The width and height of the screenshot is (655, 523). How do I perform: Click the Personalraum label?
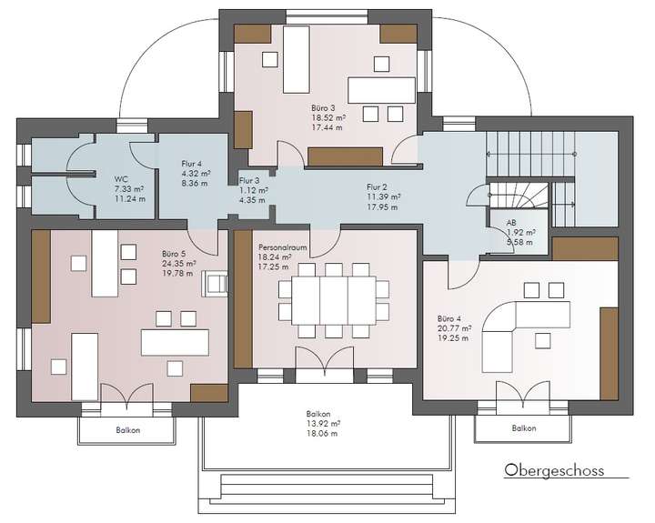point(283,246)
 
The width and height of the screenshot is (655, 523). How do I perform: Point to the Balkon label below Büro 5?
point(128,429)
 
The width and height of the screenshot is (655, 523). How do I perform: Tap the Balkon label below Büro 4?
point(523,427)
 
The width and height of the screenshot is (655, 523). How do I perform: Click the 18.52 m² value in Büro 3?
point(328,118)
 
